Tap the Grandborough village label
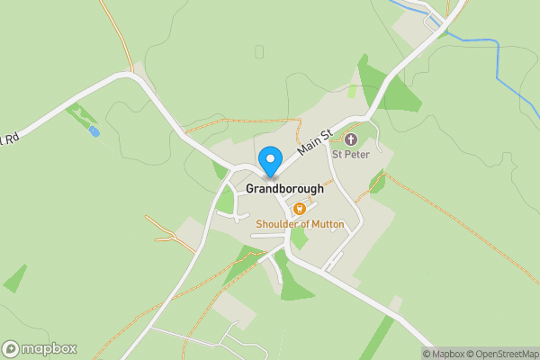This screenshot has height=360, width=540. pos(284,190)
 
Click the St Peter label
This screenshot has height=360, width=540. pos(351,154)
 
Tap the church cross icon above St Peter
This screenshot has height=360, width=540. pos(351,139)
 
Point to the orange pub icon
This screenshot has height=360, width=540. pos(299,209)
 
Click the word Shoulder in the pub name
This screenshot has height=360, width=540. pos(278,223)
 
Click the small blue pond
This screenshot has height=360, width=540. pos(94,131)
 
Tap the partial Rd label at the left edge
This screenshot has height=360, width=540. pos(8,139)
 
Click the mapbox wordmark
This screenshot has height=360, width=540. pos(49,349)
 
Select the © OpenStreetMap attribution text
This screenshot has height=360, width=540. pos(500,354)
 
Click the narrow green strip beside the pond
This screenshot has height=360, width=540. pos(81,115)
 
